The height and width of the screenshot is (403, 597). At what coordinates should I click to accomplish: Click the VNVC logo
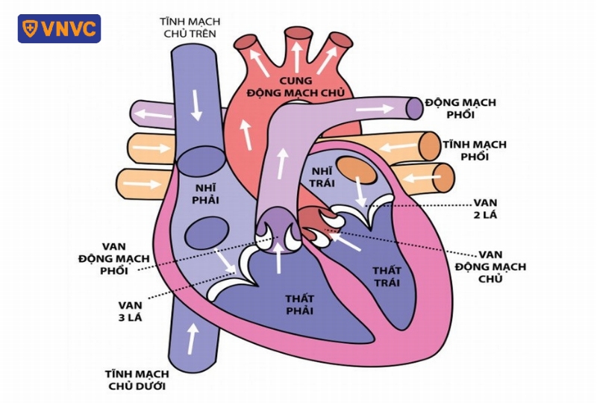pyautogui.click(x=59, y=28)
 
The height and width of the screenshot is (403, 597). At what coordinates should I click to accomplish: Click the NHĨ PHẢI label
pyautogui.click(x=205, y=193)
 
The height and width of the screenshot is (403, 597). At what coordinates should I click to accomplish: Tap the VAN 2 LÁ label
pyautogui.click(x=485, y=209)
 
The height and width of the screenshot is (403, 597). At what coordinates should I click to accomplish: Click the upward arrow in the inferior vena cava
pyautogui.click(x=193, y=339)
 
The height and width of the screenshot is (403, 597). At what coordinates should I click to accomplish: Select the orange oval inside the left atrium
pyautogui.click(x=357, y=170)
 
